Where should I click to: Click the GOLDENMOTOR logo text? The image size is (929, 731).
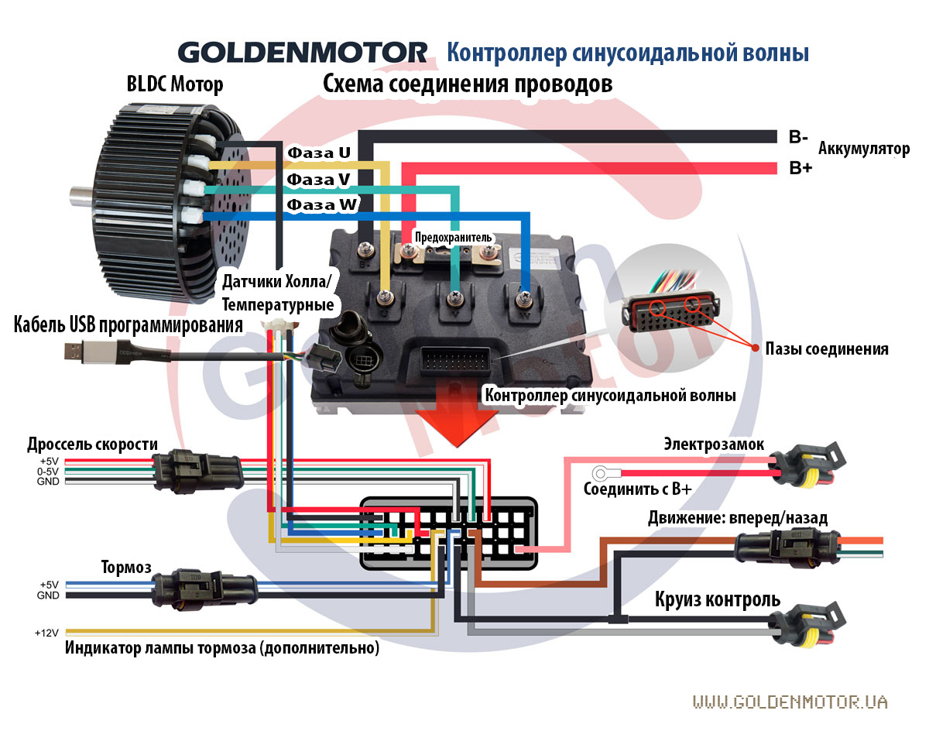pos(303,53)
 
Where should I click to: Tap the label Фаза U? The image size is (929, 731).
pos(318,153)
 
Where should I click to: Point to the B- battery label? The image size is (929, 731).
pos(798,138)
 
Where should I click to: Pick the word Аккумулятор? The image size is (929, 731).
pos(864,148)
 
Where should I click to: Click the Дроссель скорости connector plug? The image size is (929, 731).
pos(197,469)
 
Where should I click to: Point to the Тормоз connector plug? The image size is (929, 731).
pos(204,589)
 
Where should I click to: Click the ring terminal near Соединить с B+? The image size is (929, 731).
pos(601,473)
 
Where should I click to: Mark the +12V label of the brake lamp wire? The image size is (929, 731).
pos(47,633)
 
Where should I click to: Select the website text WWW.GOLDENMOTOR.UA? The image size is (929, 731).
pos(790,702)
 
